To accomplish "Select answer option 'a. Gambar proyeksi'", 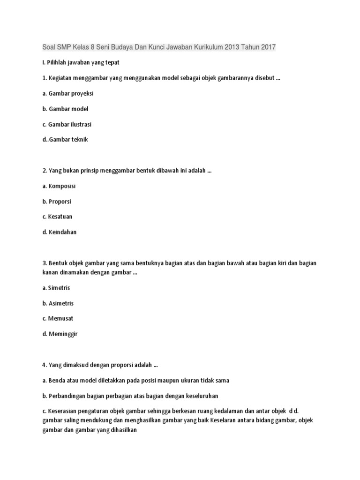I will pos(68,93).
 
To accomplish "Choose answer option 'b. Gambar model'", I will pos(65,109).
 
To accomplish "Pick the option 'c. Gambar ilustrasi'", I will pos(67,124).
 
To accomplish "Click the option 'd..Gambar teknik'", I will pos(65,139).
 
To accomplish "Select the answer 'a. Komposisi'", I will pos(59,186).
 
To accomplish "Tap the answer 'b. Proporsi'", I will pos(57,202).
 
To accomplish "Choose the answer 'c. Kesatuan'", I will pos(57,217).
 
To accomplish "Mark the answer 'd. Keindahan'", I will pos(60,232).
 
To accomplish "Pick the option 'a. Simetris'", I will pos(56,288).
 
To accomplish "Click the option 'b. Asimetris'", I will pos(58,303).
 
